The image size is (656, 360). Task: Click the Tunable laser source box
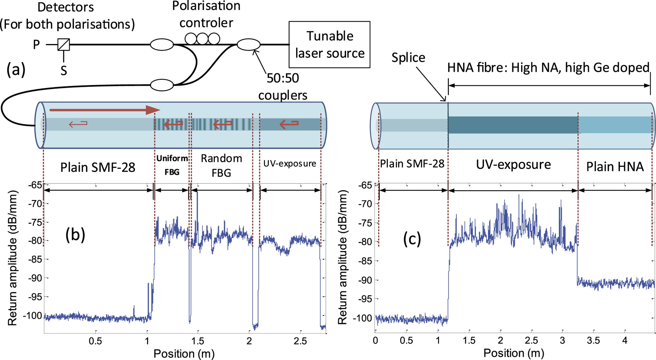[329, 44]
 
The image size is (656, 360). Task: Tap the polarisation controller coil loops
[202, 39]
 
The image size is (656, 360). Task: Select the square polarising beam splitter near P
[64, 44]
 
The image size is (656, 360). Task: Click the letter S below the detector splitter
[64, 71]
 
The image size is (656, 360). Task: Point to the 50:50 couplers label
[282, 87]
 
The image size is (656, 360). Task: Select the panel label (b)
[75, 234]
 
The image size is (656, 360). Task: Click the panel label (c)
[412, 239]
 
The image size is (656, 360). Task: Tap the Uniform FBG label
[172, 165]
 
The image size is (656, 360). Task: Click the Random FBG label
[221, 166]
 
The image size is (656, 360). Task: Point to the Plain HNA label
[614, 167]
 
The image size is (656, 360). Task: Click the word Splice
[408, 58]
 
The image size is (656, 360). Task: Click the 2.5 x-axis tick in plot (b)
[300, 341]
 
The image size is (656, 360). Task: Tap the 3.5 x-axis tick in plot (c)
[593, 340]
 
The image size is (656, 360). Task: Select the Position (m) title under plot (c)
[514, 353]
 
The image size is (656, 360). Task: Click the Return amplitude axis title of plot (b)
[12, 258]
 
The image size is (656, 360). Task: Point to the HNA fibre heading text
[548, 68]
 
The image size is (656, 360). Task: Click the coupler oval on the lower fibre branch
[162, 85]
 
